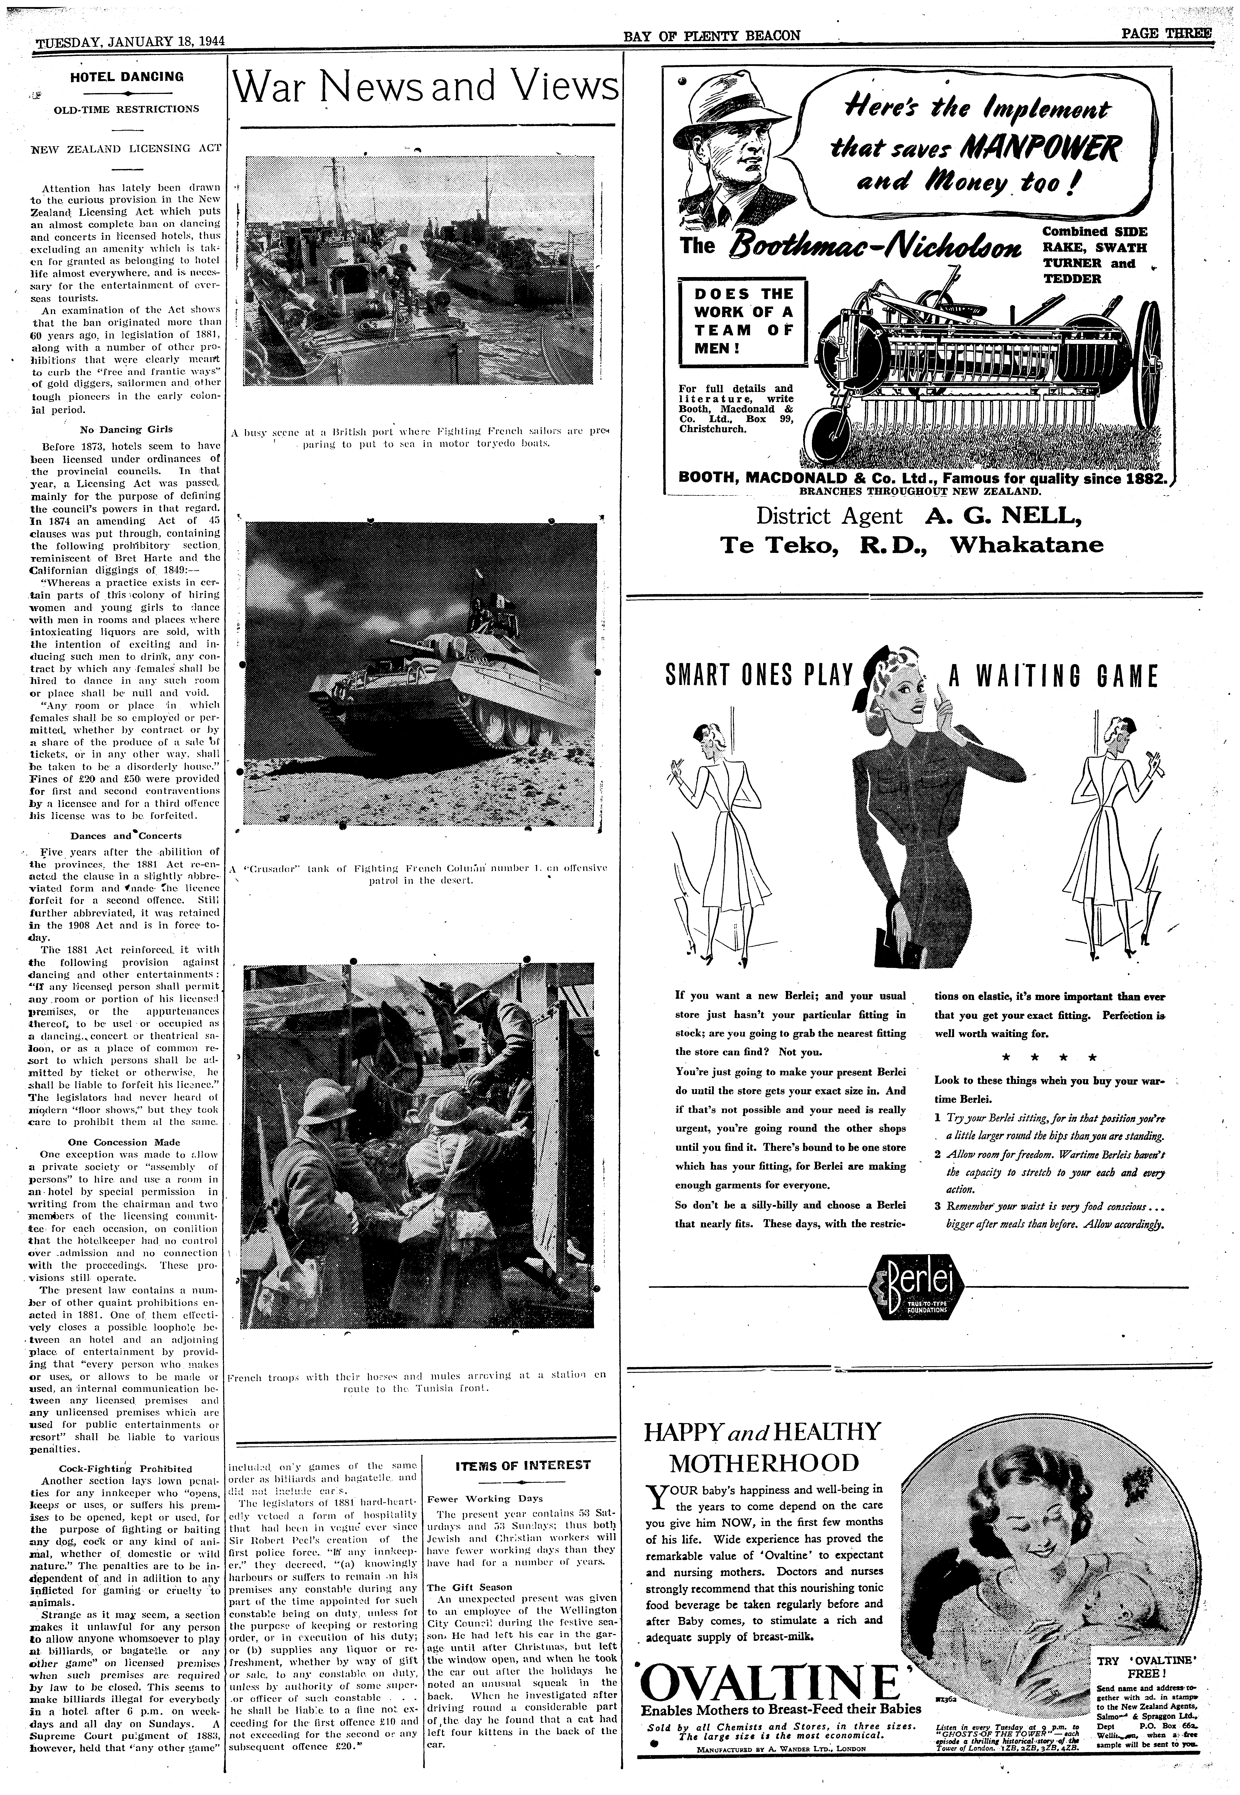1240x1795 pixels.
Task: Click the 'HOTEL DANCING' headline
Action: (x=127, y=77)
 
